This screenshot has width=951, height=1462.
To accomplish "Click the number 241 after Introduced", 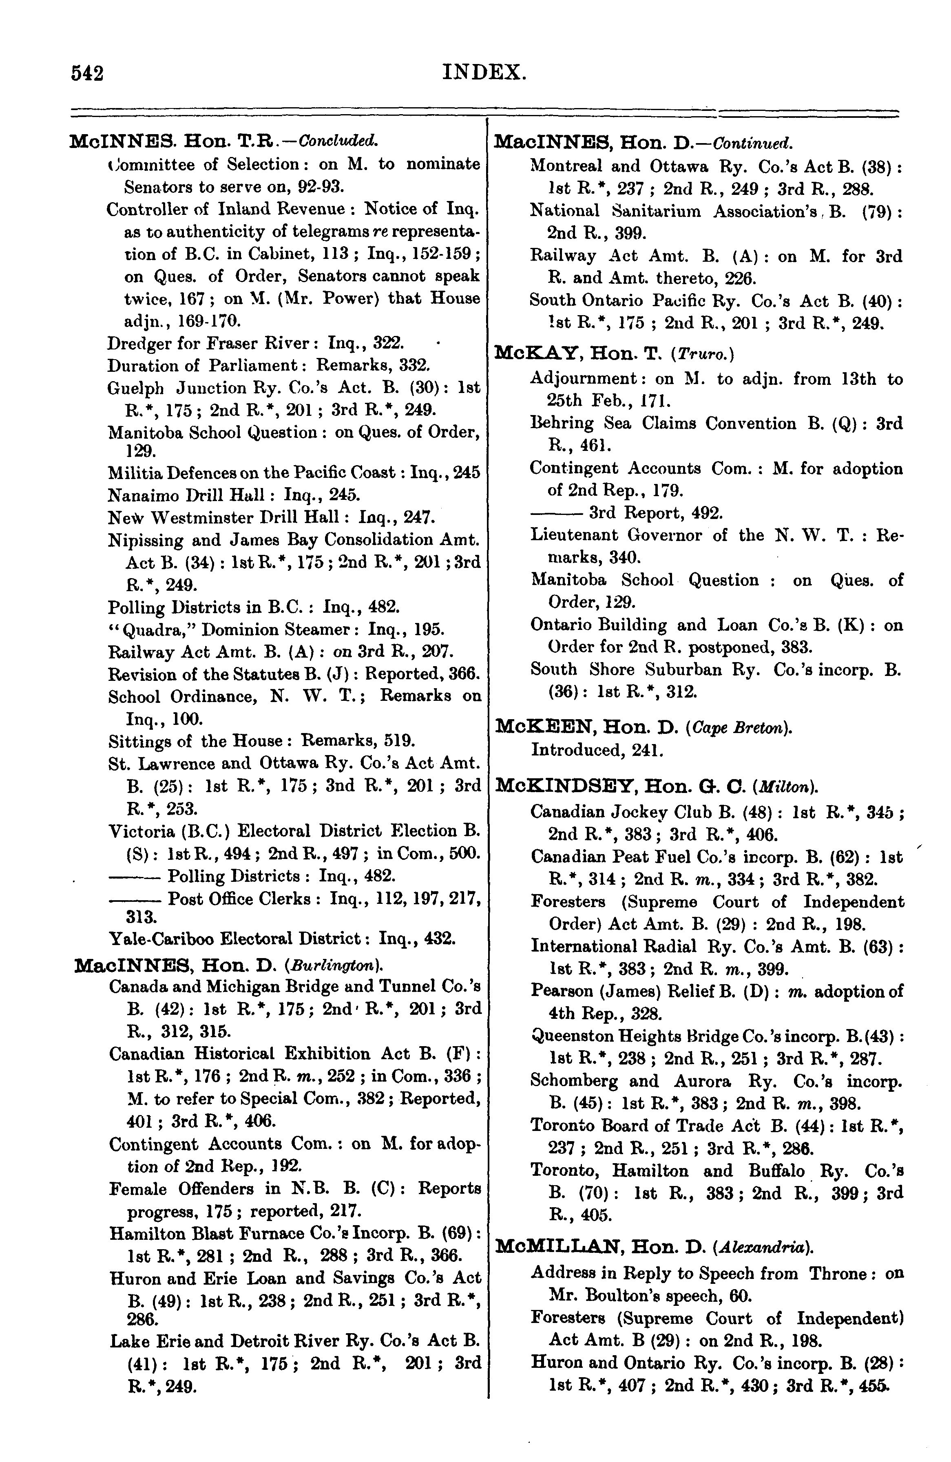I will coord(627,750).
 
